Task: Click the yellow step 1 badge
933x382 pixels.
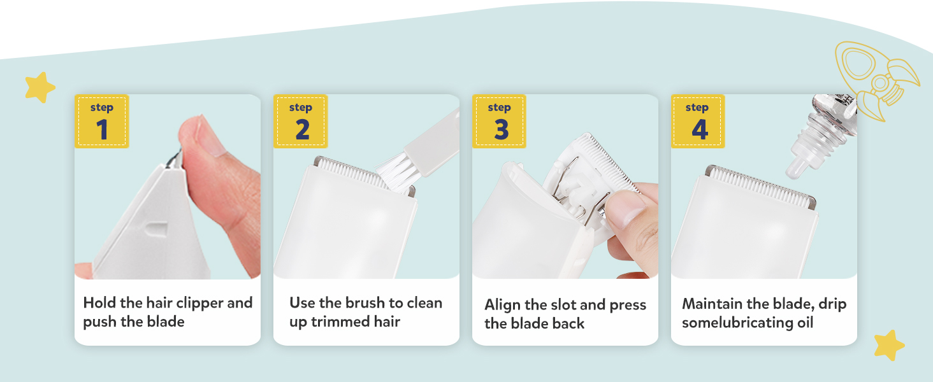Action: pyautogui.click(x=101, y=121)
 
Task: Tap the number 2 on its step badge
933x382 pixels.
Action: pyautogui.click(x=302, y=130)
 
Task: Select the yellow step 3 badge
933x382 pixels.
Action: pyautogui.click(x=499, y=121)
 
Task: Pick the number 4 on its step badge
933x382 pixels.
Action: pyautogui.click(x=700, y=129)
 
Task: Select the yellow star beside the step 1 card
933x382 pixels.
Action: pyautogui.click(x=40, y=87)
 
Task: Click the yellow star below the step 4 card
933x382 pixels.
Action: pyautogui.click(x=889, y=345)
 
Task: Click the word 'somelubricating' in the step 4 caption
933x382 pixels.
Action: pyautogui.click(x=737, y=323)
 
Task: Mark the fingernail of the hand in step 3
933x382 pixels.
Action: pyautogui.click(x=625, y=209)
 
